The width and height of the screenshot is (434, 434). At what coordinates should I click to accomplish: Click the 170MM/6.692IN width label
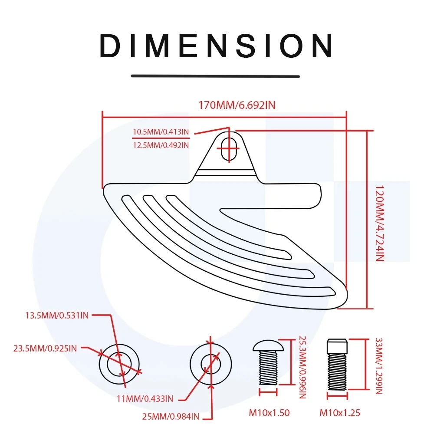(237, 105)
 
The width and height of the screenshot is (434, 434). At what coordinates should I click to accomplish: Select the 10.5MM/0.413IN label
(161, 132)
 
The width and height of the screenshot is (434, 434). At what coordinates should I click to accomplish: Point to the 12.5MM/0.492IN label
(161, 145)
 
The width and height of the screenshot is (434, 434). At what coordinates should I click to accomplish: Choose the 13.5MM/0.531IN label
(57, 316)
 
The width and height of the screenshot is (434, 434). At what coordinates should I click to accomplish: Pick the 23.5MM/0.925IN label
(45, 348)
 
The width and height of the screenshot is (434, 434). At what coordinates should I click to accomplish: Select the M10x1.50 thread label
(269, 413)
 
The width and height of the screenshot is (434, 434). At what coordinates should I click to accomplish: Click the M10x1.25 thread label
(340, 413)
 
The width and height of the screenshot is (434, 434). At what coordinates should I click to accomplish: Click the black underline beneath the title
(215, 76)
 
